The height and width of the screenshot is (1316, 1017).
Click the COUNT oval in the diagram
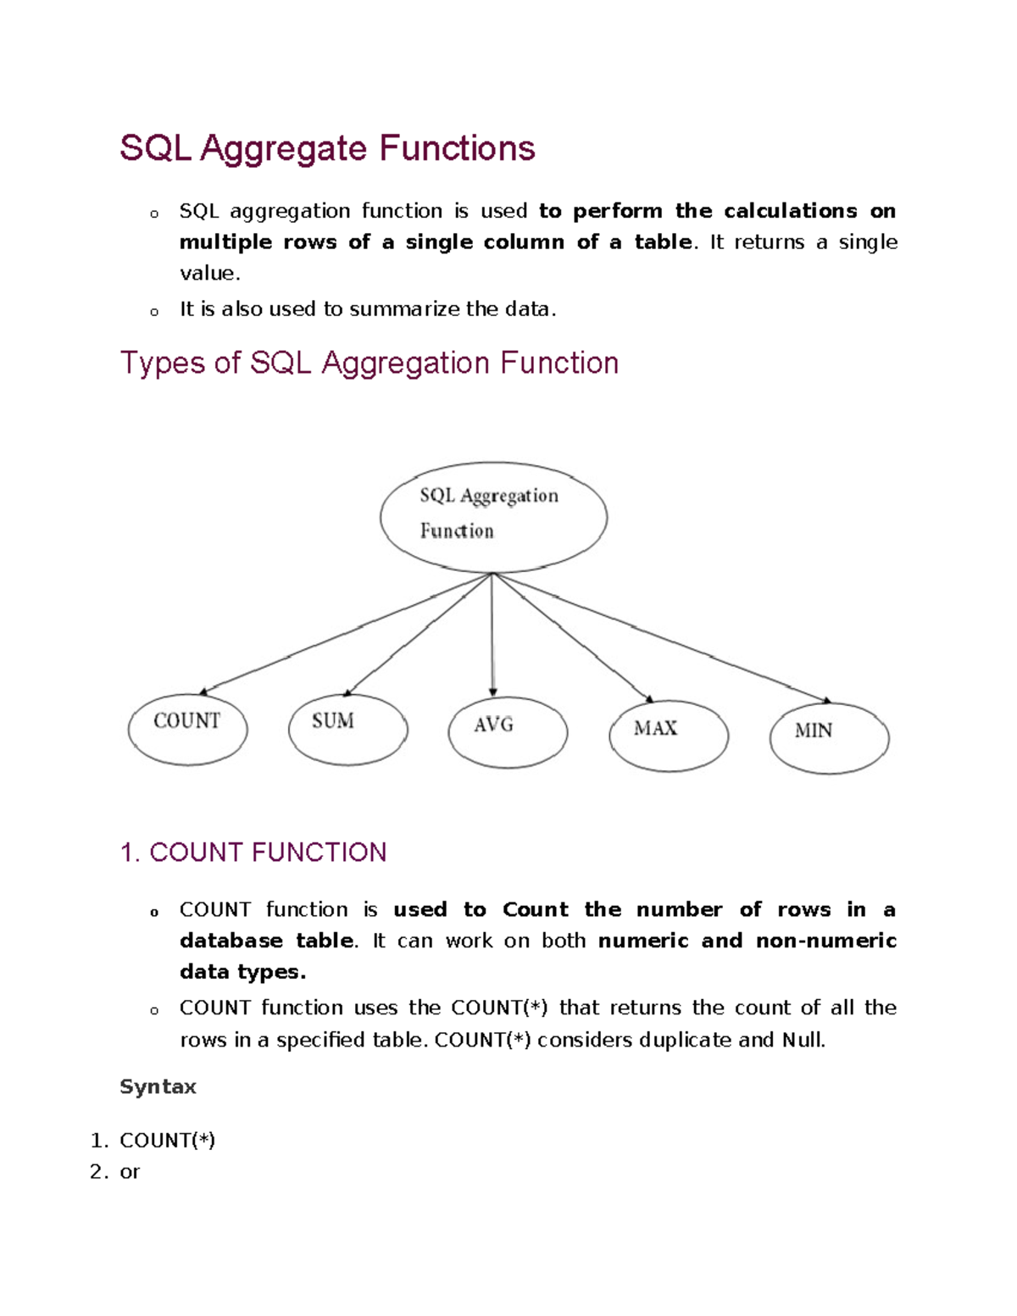coord(187,729)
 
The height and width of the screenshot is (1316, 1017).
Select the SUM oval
coord(347,729)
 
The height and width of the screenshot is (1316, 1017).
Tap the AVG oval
coord(508,732)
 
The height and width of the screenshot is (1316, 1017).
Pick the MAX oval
coord(669,735)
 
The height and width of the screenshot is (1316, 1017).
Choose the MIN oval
coord(829,738)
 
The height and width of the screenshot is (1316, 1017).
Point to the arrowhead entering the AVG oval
coord(493,691)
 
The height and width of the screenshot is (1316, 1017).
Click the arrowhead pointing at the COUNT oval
coord(204,691)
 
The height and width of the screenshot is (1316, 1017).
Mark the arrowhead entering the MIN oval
coord(826,700)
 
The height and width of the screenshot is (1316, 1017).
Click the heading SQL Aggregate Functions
coord(327,148)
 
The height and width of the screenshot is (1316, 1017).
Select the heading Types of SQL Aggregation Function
coord(369,363)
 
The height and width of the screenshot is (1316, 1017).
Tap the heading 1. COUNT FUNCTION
coord(253,852)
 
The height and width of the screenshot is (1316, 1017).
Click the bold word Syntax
coord(158,1086)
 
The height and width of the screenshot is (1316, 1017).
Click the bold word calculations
coord(790,210)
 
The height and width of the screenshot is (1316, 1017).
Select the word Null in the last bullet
coord(803,1040)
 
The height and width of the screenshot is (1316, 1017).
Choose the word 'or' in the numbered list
coord(130,1172)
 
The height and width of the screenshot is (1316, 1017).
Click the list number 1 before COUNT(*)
coord(98,1141)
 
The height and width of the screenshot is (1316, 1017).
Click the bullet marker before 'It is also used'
coord(153,312)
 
